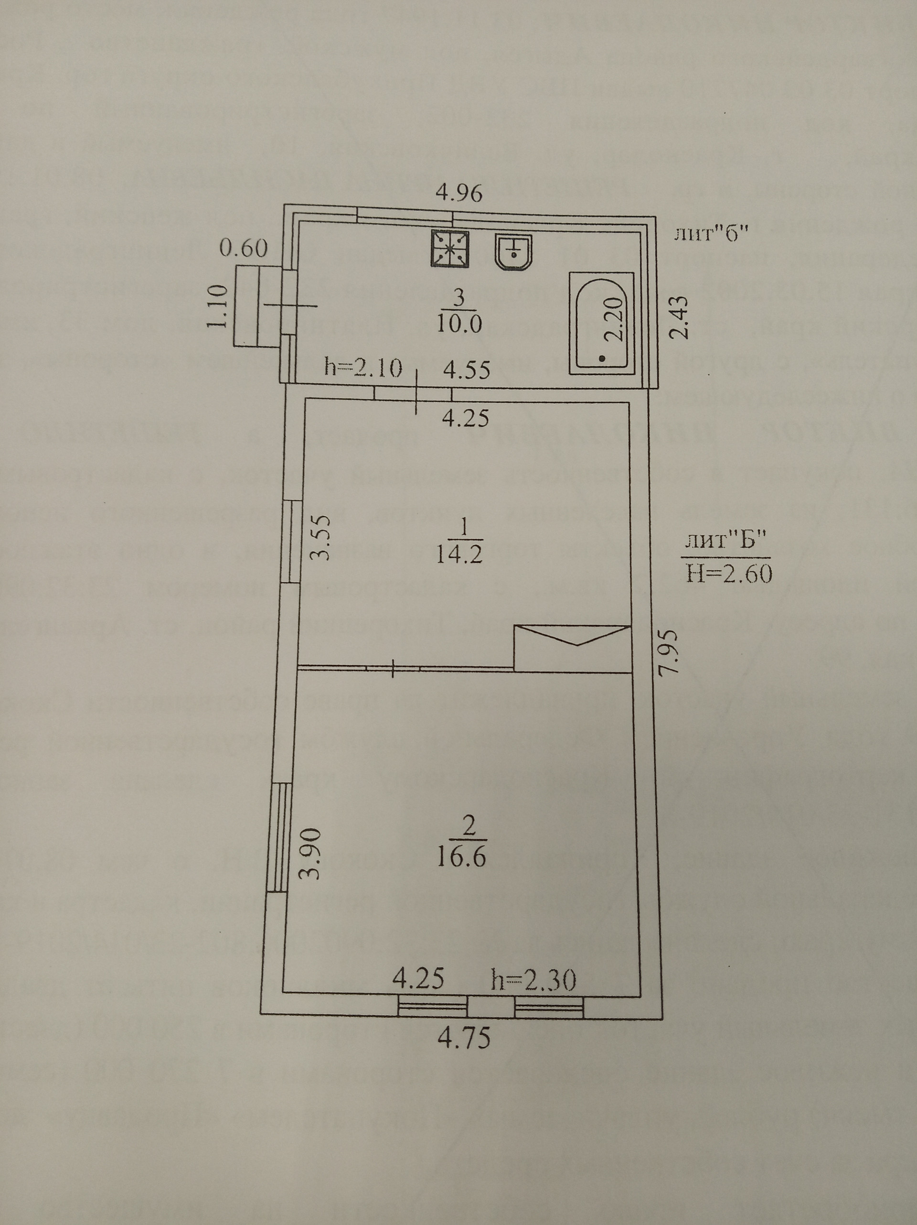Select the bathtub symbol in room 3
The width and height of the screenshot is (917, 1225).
pyautogui.click(x=602, y=321)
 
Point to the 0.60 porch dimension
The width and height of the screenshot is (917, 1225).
pyautogui.click(x=244, y=248)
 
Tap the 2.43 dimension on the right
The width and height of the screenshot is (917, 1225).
pyautogui.click(x=679, y=317)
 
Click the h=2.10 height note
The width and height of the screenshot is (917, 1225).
pyautogui.click(x=363, y=369)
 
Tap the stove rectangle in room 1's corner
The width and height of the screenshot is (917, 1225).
pyautogui.click(x=573, y=649)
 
